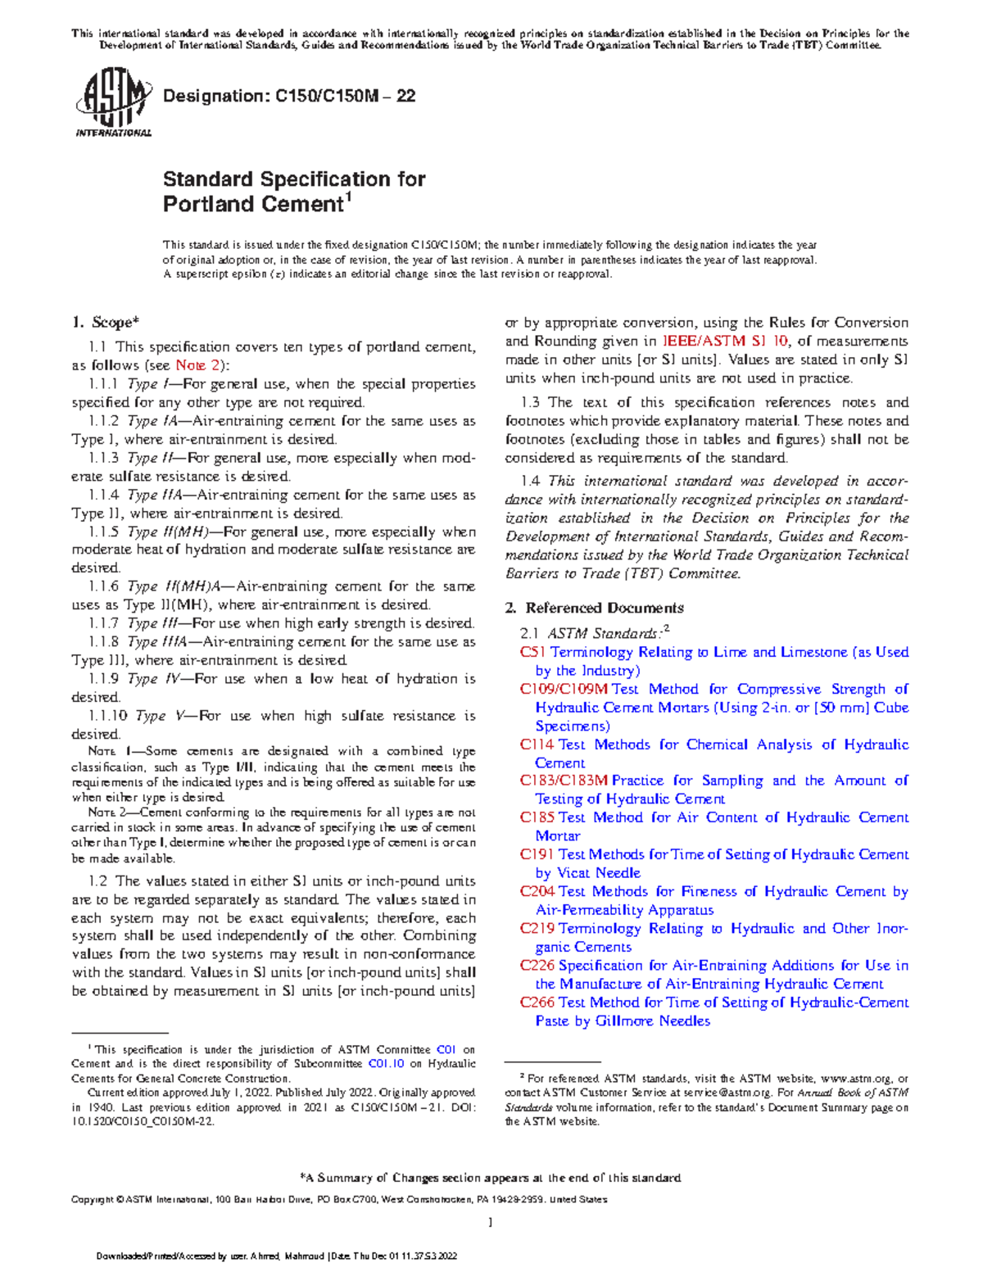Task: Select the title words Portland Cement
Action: coord(252,204)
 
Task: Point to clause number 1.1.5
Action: coord(104,532)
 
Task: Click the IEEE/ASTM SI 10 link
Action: coord(725,341)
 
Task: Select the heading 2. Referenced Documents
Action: coord(594,608)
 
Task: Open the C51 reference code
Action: coord(532,652)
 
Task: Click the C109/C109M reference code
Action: coord(564,689)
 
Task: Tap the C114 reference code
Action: coord(537,745)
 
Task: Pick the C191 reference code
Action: coord(537,854)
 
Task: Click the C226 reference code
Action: coord(537,965)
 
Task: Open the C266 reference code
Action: coord(537,1002)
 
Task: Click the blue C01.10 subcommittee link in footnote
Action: coord(386,1064)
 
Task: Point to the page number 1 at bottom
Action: coord(490,1222)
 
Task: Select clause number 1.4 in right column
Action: coord(530,481)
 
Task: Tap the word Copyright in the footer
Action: coord(93,1199)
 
